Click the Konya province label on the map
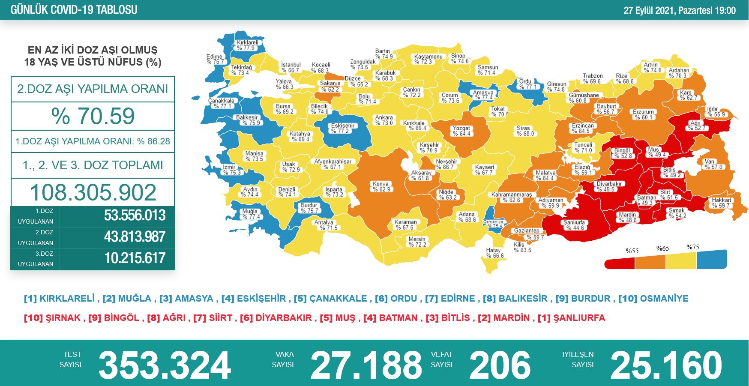tap(381, 186)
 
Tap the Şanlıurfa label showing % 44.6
tap(574, 225)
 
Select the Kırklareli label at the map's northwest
tap(248, 45)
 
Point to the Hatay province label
tap(494, 253)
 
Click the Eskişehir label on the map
tap(342, 128)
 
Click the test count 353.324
tap(165, 365)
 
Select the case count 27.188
tap(366, 365)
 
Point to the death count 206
tap(500, 365)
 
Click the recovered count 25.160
tap(666, 365)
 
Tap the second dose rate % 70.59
tap(93, 116)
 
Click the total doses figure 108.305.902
tap(93, 192)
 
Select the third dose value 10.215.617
tap(135, 258)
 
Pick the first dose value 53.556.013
tap(135, 215)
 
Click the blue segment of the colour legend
tap(712, 260)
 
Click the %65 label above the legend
tap(662, 248)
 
